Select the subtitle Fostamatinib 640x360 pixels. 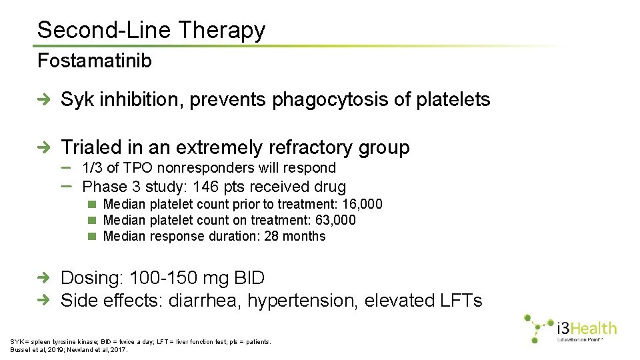point(95,61)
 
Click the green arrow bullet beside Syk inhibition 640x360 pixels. point(44,100)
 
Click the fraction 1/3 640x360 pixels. point(93,168)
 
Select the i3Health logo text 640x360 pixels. point(587,329)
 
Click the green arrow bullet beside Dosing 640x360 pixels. point(44,278)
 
